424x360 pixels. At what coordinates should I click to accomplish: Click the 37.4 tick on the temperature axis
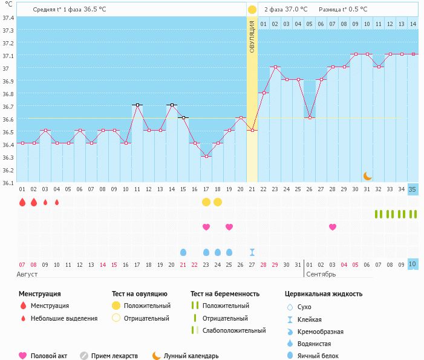pos(8,18)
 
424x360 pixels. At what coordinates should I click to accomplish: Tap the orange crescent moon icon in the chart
pos(367,175)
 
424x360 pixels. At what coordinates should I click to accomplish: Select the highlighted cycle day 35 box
pos(413,189)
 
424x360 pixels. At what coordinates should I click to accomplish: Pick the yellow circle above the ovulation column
pos(252,10)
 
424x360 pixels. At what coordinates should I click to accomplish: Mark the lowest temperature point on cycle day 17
pos(206,156)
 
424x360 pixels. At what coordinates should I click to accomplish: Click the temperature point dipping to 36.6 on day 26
pos(310,117)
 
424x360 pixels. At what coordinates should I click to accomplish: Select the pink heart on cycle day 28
pos(333,227)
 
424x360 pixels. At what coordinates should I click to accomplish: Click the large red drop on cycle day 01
pos(22,202)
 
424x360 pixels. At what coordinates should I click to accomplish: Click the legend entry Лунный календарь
pos(191,356)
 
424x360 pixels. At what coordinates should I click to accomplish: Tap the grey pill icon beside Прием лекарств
pos(84,356)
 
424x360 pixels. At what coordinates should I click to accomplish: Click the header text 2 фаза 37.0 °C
pos(286,10)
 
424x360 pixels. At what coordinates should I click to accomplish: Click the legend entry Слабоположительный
pos(234,330)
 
